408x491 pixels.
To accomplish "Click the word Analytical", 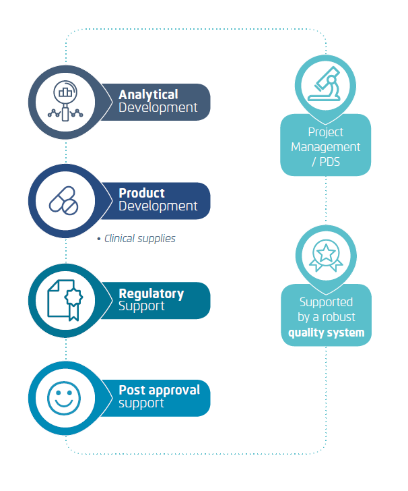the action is [148, 95].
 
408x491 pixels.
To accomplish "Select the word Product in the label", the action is [141, 193].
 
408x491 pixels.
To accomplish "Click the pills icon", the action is [64, 201].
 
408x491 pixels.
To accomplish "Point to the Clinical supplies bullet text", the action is [139, 239].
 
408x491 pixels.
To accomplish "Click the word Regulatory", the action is [151, 294].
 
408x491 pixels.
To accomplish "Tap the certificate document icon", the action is [65, 300].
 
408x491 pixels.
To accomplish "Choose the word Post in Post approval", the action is [132, 390].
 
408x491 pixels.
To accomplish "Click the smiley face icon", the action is [64, 399].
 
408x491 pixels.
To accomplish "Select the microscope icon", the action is [325, 84].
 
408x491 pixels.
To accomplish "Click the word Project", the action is [325, 132].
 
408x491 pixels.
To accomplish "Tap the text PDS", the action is [329, 162].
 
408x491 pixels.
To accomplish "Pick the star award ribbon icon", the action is [326, 256].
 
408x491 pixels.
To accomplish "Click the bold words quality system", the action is [327, 333].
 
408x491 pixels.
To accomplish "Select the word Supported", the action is [326, 302].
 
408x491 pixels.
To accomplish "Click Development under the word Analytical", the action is [158, 108].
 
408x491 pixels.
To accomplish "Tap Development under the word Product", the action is [158, 206].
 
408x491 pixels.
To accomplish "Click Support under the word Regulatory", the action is [141, 306].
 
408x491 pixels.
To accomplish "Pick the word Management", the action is [325, 147].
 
